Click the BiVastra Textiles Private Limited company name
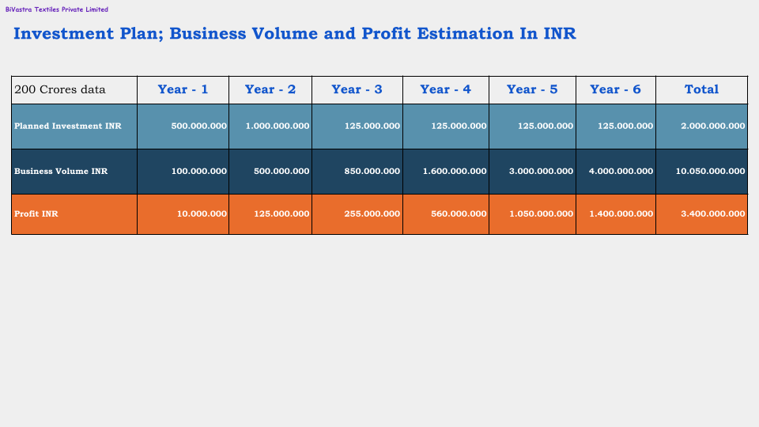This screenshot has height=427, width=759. [57, 9]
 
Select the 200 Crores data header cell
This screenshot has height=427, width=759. [60, 89]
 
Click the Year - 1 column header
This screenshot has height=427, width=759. [183, 89]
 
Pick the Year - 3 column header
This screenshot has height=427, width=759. [357, 89]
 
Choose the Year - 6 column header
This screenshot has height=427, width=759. [615, 89]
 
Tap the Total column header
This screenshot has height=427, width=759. [701, 89]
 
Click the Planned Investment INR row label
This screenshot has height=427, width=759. [69, 126]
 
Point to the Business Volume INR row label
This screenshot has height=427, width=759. [61, 171]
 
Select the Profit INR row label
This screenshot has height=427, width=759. [36, 213]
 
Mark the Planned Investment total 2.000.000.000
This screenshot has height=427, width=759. [712, 126]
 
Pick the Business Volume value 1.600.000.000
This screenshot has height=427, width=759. [455, 171]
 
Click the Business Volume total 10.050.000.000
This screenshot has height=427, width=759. [709, 171]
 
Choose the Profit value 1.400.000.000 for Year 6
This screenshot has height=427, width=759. [621, 213]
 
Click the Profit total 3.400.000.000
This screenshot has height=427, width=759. [712, 213]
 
